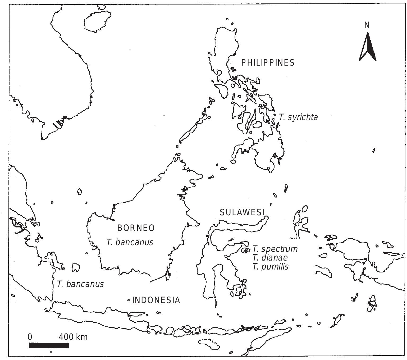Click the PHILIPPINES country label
pos(268,63)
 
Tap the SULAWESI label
pos(242,212)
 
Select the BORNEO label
pos(136,228)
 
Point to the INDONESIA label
pos(156,300)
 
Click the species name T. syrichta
pos(298,117)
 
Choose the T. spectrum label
pos(275,249)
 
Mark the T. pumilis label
pos(270,267)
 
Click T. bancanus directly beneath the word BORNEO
pos(130,242)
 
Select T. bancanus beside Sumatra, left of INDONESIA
pos(80,284)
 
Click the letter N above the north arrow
pos(367,25)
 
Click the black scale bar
pos(49,345)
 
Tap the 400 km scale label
pos(73,337)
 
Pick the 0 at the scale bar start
pos(30,337)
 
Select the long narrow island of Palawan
pos(192,130)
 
